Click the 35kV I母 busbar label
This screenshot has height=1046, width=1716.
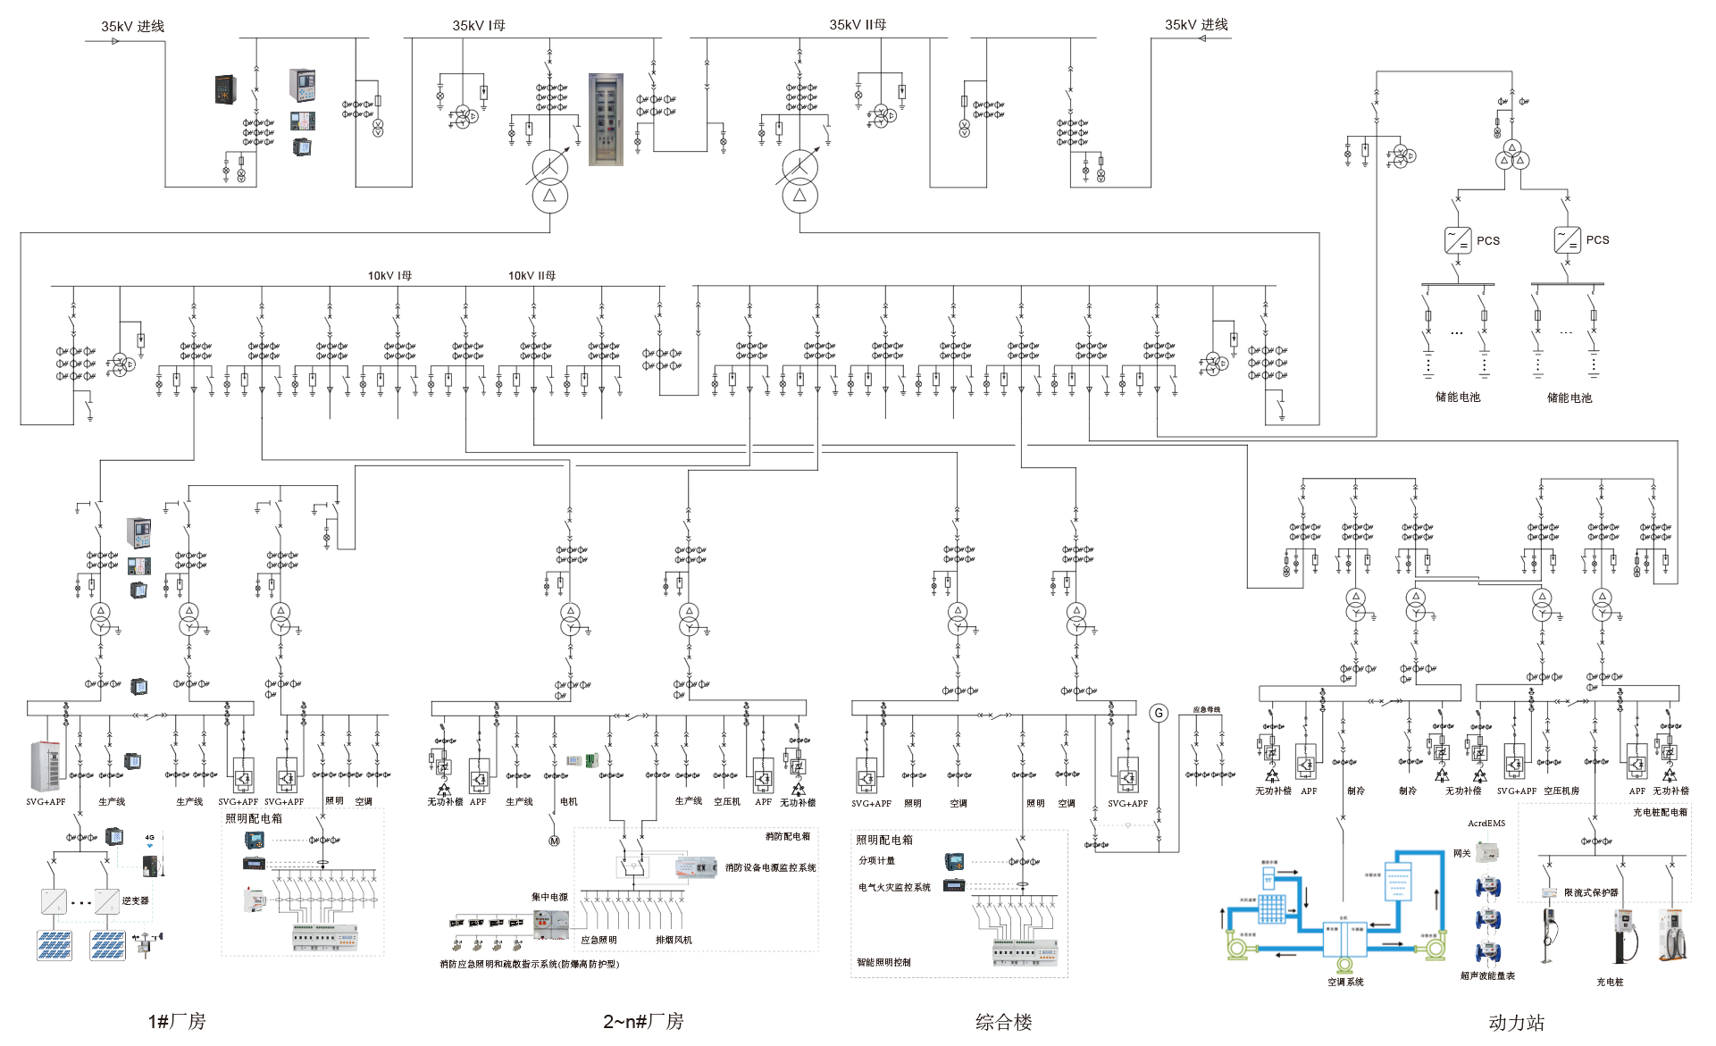479,26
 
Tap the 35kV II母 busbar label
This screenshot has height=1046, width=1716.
858,25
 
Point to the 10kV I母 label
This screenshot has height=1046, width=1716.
389,276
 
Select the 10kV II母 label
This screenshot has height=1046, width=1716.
532,276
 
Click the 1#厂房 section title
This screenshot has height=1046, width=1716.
177,1021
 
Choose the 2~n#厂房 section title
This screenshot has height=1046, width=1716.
643,1021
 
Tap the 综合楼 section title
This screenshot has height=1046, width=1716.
1003,1022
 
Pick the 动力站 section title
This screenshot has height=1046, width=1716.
1516,1023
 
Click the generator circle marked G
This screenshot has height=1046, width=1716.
1159,713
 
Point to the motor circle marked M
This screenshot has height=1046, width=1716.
554,841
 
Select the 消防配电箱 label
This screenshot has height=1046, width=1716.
787,837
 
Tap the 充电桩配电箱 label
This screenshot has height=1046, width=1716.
1660,813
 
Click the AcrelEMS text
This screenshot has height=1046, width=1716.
1486,824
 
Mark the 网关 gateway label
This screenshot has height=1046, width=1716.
1461,854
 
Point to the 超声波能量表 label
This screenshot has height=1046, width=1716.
1487,976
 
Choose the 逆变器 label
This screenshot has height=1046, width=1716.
136,901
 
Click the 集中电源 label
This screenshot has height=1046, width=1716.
549,897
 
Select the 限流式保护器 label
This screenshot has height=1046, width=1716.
1591,893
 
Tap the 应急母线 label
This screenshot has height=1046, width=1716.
1206,710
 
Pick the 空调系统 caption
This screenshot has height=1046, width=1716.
1345,983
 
